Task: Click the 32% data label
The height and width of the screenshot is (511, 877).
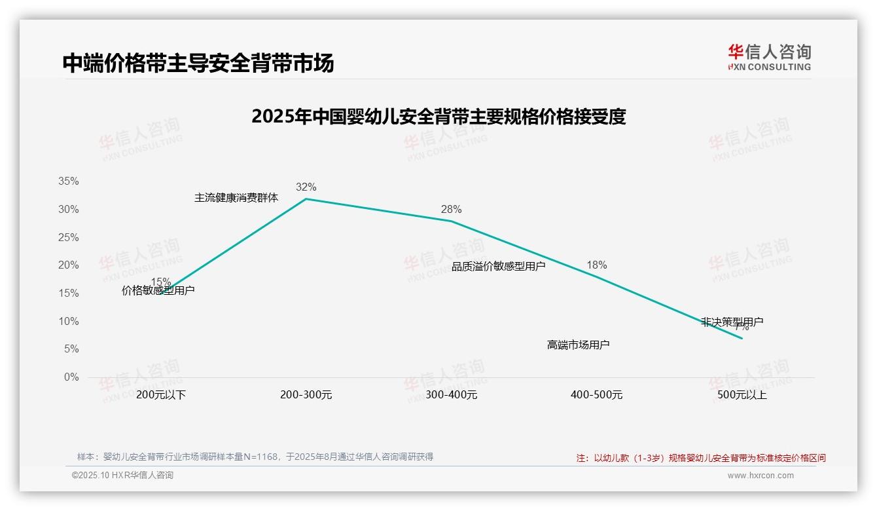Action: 306,187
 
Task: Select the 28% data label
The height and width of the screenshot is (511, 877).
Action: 451,210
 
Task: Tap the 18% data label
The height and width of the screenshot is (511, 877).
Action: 596,265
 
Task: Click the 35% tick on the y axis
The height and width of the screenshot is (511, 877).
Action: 69,181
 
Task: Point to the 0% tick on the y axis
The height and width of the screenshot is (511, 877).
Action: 71,377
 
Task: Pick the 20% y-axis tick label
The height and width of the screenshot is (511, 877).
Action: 69,265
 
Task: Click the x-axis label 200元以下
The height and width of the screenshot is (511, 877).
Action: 161,395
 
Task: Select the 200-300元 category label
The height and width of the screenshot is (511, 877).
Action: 306,395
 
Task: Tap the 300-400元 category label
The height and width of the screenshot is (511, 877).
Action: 451,395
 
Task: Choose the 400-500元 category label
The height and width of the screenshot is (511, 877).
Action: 596,395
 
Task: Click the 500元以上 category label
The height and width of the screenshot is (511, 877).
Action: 742,395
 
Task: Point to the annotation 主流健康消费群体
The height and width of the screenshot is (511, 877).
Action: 236,198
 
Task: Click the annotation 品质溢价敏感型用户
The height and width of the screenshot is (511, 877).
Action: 498,267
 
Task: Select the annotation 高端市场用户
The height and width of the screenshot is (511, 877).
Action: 578,345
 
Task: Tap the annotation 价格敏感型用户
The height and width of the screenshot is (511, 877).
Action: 158,291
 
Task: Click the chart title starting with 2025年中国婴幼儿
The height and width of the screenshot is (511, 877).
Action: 438,117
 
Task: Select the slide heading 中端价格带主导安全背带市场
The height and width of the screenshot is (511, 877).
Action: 198,63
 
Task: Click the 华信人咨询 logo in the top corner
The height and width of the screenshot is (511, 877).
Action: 769,57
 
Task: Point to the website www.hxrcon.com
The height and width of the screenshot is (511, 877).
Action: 760,476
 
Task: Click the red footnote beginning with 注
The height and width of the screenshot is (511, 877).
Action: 700,458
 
